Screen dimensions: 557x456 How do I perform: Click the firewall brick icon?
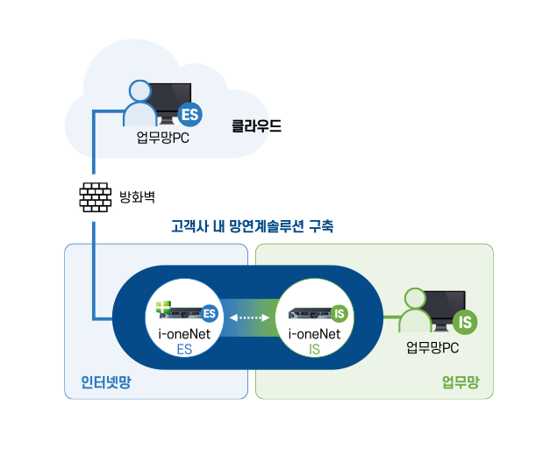[x=95, y=197]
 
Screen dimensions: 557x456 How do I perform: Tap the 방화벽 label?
[x=137, y=196]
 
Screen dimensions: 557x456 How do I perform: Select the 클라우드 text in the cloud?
[x=256, y=125]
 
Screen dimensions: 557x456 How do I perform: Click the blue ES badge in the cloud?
[x=190, y=115]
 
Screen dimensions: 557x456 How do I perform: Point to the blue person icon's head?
[x=140, y=91]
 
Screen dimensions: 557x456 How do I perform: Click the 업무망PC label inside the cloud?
[x=162, y=138]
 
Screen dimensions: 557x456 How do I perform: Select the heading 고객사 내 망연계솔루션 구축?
[x=253, y=226]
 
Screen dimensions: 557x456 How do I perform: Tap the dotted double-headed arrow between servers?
[x=249, y=317]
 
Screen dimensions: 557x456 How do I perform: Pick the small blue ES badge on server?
[x=210, y=314]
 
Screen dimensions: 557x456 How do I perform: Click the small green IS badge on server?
[x=339, y=314]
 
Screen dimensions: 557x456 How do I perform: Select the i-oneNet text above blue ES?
[x=184, y=334]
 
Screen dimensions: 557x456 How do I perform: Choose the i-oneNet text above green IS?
[x=314, y=334]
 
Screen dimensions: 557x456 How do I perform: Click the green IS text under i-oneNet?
[x=314, y=350]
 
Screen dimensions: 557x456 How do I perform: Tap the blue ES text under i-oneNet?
[x=184, y=350]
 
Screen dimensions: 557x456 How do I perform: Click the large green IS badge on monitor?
[x=465, y=322]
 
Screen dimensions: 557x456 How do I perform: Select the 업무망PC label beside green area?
[x=432, y=347]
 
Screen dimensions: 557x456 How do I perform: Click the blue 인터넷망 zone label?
[x=106, y=382]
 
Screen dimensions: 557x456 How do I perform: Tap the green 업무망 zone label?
[x=461, y=382]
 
